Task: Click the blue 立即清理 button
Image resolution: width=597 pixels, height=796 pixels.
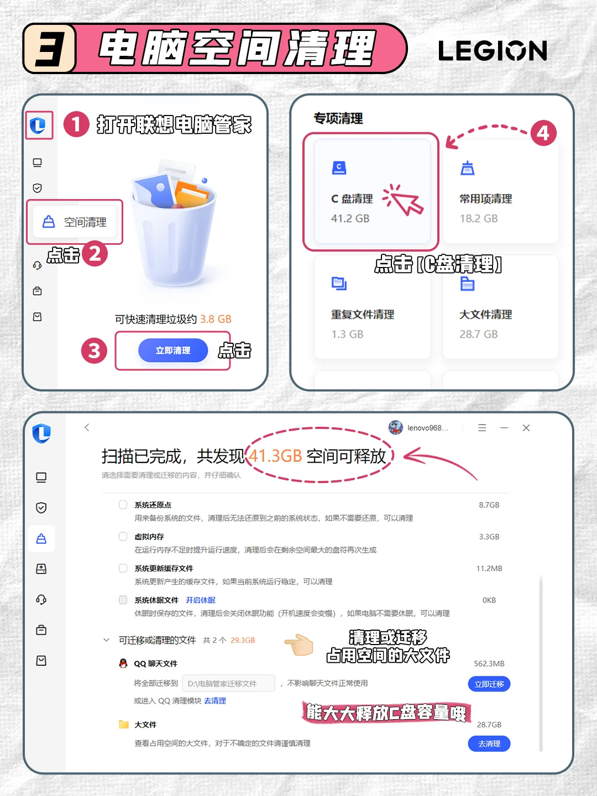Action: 173,350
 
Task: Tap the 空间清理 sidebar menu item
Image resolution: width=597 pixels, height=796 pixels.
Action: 75,222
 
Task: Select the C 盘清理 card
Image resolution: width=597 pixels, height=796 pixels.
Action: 372,191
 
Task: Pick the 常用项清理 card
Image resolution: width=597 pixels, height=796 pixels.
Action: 501,191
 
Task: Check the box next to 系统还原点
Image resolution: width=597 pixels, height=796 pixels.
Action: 123,505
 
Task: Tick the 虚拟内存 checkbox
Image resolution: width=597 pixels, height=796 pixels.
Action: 123,536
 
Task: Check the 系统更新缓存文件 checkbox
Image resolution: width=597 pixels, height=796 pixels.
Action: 123,568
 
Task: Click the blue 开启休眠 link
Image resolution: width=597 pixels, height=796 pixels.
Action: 201,600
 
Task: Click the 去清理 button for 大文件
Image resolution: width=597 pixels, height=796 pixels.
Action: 489,743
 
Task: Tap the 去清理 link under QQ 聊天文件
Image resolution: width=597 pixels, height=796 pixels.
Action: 215,700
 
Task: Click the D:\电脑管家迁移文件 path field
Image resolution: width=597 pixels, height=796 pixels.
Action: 229,683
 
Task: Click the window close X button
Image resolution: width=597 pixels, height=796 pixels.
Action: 526,428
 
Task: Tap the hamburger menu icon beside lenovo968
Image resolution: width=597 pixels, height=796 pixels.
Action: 482,428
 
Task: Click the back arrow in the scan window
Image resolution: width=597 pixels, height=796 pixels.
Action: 87,427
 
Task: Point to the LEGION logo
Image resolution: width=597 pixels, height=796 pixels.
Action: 492,50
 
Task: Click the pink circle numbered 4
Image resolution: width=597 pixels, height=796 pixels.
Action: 543,133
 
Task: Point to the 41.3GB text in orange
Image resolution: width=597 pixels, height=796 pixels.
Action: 275,456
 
